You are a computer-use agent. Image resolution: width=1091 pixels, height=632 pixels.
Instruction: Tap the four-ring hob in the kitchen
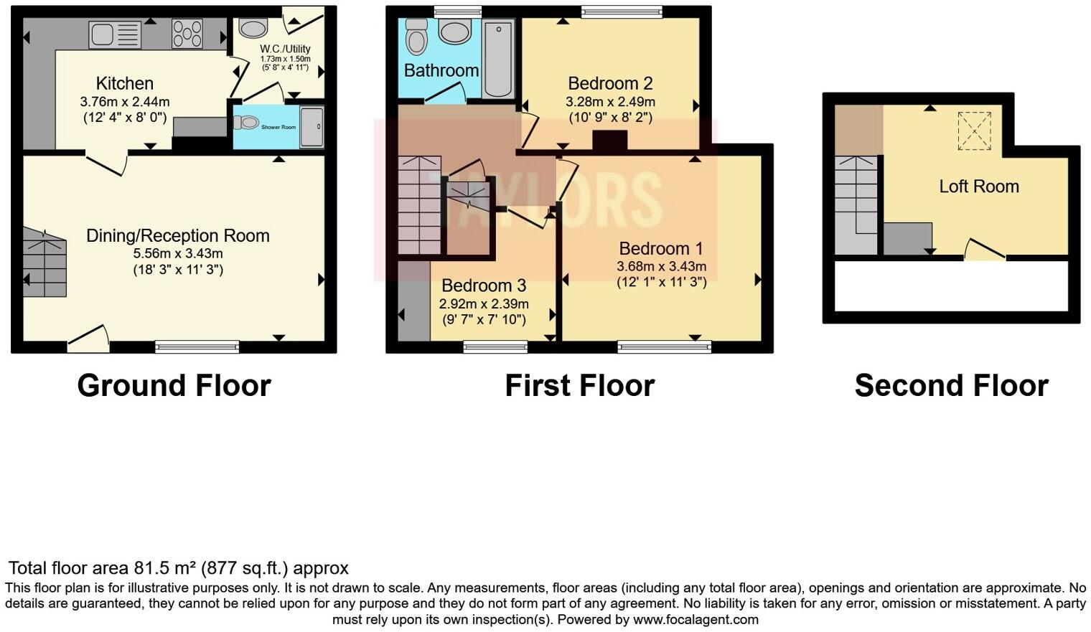click(187, 34)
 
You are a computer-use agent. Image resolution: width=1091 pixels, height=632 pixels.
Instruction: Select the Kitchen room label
click(125, 84)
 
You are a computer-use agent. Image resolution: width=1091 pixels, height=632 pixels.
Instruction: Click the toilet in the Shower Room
click(245, 123)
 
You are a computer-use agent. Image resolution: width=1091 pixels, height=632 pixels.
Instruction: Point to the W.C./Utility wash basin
click(253, 28)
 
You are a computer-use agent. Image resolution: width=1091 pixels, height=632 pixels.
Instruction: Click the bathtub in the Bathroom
click(498, 59)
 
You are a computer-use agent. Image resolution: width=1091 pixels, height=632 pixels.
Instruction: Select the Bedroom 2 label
click(610, 83)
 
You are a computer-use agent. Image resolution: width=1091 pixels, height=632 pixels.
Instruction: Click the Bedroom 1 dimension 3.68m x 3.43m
click(661, 266)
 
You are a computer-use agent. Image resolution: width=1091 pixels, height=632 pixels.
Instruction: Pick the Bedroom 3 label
click(484, 286)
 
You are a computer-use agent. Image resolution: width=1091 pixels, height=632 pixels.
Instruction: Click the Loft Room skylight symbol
click(974, 131)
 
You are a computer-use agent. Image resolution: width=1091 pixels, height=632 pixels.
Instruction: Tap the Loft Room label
click(979, 187)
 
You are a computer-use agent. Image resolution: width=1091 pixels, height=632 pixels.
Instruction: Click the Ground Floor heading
click(174, 386)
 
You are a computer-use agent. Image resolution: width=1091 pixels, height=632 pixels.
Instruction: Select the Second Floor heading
click(951, 386)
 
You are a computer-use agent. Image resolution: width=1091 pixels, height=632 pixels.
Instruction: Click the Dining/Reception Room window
click(197, 347)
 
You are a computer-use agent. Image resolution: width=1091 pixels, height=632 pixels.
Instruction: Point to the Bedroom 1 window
click(665, 347)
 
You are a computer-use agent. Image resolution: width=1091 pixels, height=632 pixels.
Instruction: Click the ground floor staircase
click(45, 263)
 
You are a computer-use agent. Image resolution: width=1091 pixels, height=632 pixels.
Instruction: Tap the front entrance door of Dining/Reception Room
click(88, 340)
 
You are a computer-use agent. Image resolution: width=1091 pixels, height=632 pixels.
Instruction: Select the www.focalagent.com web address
click(696, 620)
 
